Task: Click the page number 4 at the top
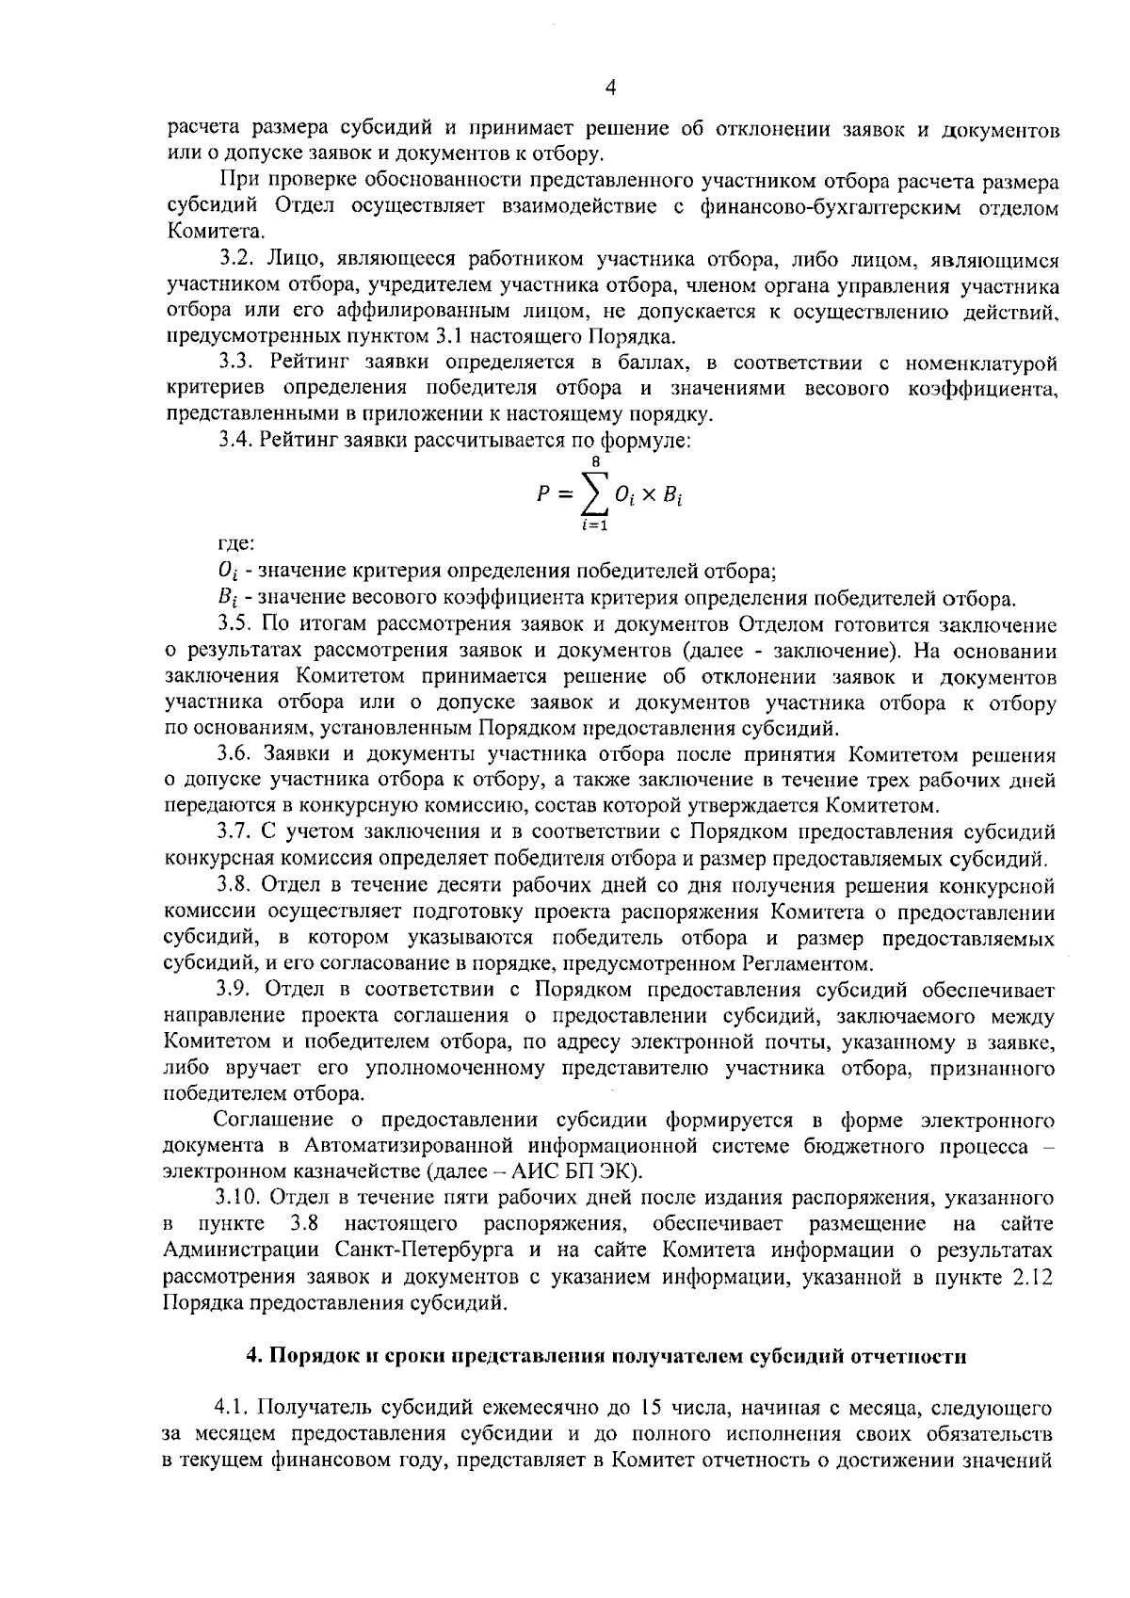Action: pos(609,89)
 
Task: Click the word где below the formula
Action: pos(233,543)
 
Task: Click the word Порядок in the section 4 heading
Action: pos(310,1356)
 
